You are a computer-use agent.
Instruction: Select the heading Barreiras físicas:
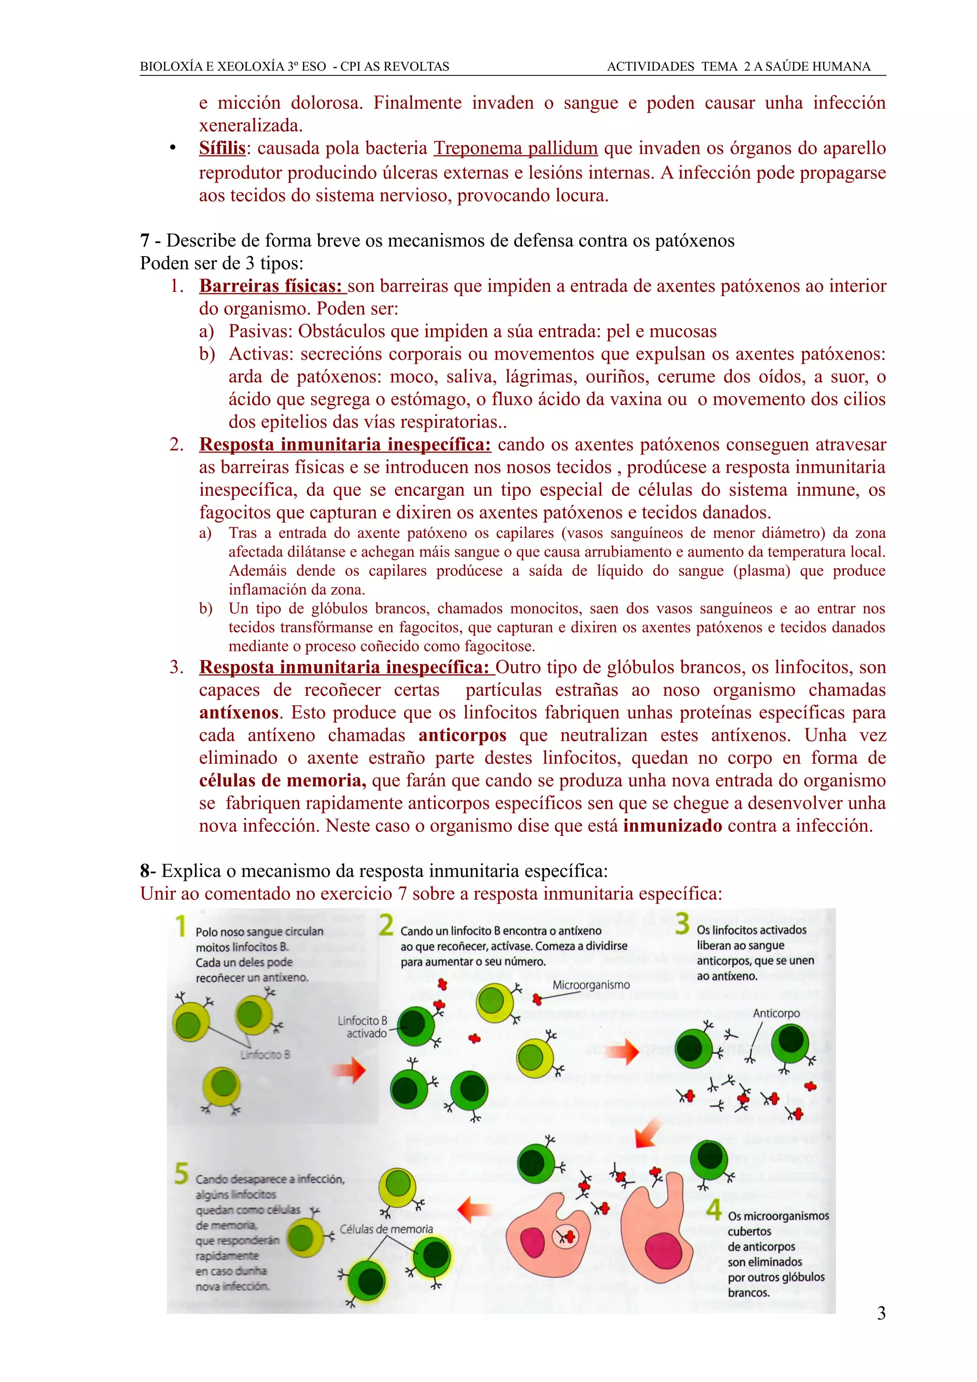[271, 286]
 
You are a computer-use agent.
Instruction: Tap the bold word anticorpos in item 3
[462, 735]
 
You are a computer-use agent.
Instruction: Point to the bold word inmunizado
[672, 826]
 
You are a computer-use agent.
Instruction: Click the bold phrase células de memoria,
[282, 781]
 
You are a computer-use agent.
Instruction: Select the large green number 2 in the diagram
[386, 925]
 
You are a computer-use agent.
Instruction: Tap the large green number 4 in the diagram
[713, 1209]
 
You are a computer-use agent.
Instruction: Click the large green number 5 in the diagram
[181, 1174]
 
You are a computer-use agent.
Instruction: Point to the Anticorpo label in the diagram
[776, 1014]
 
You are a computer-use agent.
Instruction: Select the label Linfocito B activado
[363, 1027]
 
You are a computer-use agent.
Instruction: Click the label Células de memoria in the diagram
[386, 1229]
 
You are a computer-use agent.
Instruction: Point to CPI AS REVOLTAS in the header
[395, 67]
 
